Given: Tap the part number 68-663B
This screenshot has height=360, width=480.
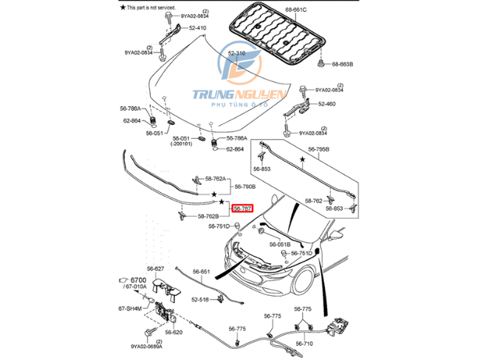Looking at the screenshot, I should pos(341,64).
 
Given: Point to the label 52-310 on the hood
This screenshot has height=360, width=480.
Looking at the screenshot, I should pos(236,54).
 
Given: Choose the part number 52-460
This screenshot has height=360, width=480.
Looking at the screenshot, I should pos(327,104).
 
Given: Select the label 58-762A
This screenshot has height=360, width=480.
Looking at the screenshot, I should pos(218,179).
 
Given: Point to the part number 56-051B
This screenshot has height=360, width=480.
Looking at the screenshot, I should pos(280,244).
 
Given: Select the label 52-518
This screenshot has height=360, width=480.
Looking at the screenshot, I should pos(201,299).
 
